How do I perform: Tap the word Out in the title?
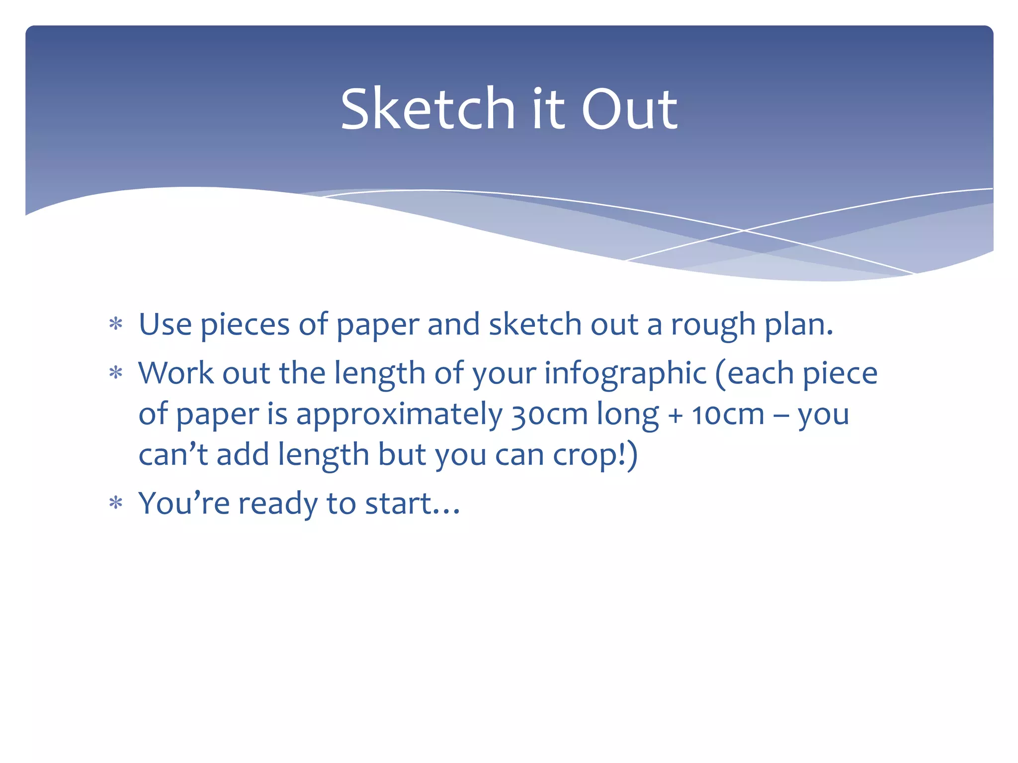pyautogui.click(x=629, y=109)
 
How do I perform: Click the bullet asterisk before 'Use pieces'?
pyautogui.click(x=116, y=324)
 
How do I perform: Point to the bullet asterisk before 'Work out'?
pyautogui.click(x=116, y=373)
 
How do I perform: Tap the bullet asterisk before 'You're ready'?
pyautogui.click(x=116, y=503)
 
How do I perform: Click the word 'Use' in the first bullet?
pyautogui.click(x=165, y=324)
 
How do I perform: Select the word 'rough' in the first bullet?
pyautogui.click(x=713, y=326)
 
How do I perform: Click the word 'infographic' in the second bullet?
pyautogui.click(x=625, y=374)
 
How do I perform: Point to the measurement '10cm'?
pyautogui.click(x=728, y=414)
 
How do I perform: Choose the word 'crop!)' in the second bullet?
pyautogui.click(x=595, y=456)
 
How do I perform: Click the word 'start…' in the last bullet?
pyautogui.click(x=413, y=504)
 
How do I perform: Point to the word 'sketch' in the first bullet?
pyautogui.click(x=535, y=324)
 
